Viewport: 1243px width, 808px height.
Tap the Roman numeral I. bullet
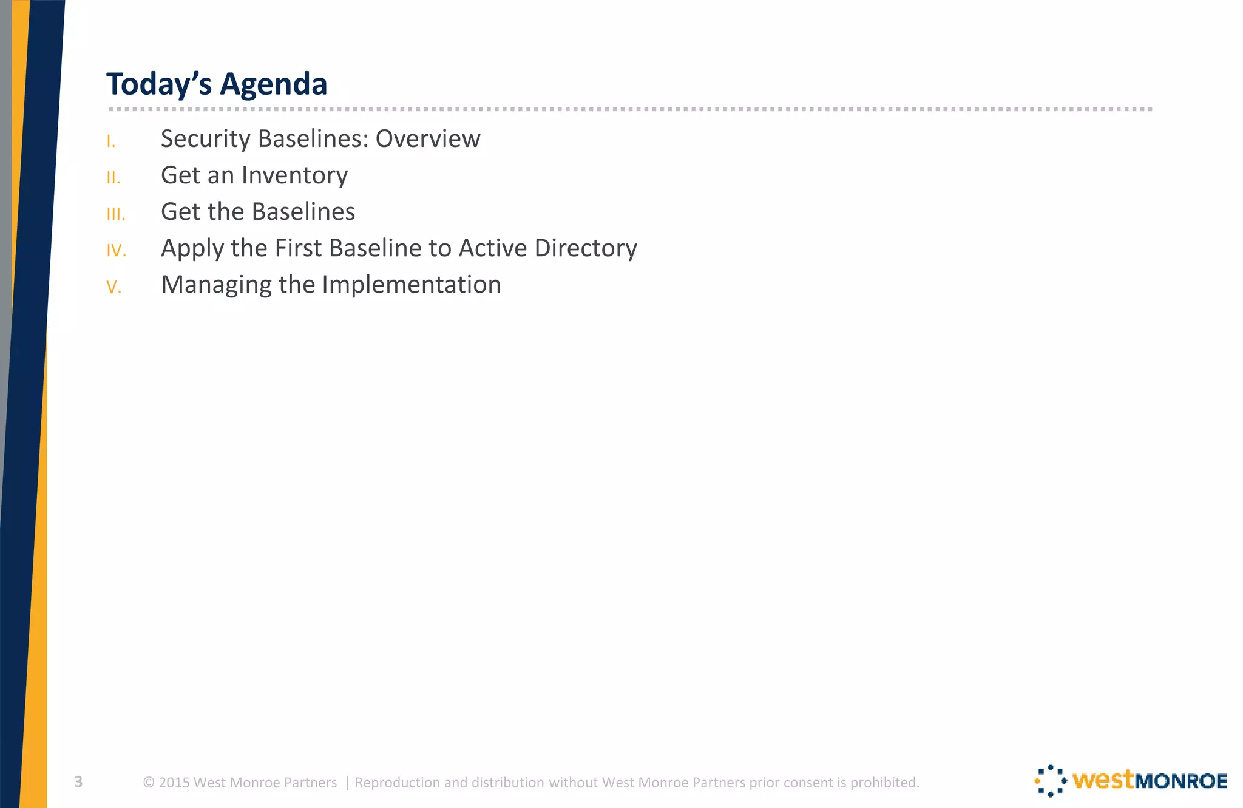(x=111, y=142)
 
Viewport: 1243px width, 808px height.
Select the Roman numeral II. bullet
(x=113, y=178)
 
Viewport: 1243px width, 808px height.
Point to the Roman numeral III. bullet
(x=116, y=214)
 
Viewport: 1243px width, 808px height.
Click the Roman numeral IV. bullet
(x=117, y=251)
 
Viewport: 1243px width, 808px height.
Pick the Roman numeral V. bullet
(x=114, y=287)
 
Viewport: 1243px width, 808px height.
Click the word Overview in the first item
(x=428, y=139)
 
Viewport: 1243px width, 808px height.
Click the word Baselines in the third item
(x=303, y=212)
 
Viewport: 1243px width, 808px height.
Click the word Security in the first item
(x=206, y=139)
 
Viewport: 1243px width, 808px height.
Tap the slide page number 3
(x=78, y=782)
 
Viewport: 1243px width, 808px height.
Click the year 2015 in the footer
(x=174, y=783)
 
